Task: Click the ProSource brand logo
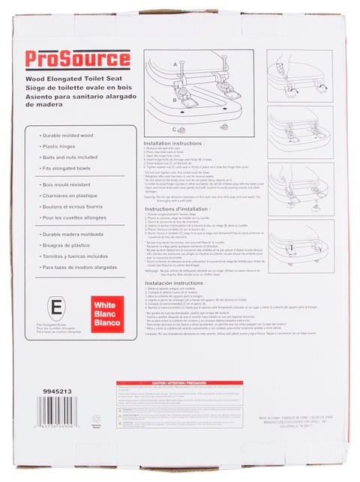(78, 60)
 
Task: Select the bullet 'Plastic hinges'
(59, 145)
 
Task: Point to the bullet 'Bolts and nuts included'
(69, 157)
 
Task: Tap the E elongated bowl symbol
(55, 307)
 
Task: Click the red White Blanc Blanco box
(106, 314)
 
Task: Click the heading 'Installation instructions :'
(173, 142)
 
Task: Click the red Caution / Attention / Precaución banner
(179, 383)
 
